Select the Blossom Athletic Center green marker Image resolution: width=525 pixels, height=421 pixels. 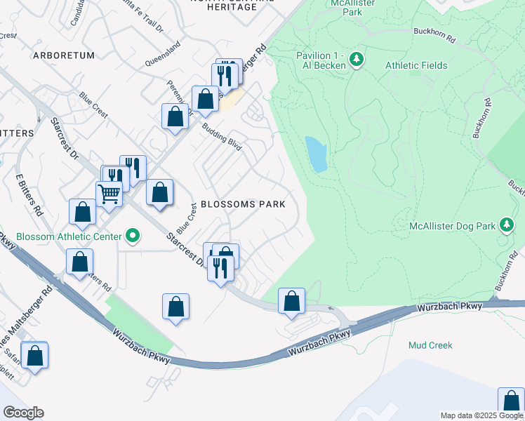point(132,236)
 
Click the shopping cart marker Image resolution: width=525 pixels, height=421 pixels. point(109,192)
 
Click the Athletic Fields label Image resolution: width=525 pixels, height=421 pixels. point(416,66)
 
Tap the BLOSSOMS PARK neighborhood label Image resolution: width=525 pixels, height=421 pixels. point(243,204)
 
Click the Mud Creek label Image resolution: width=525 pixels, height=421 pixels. point(430,345)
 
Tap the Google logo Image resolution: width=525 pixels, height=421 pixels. point(23,413)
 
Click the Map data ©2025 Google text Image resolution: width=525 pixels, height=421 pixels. point(481,415)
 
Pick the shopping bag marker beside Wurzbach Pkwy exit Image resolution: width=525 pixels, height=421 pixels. point(292,301)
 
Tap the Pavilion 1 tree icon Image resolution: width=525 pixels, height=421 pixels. point(357,59)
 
